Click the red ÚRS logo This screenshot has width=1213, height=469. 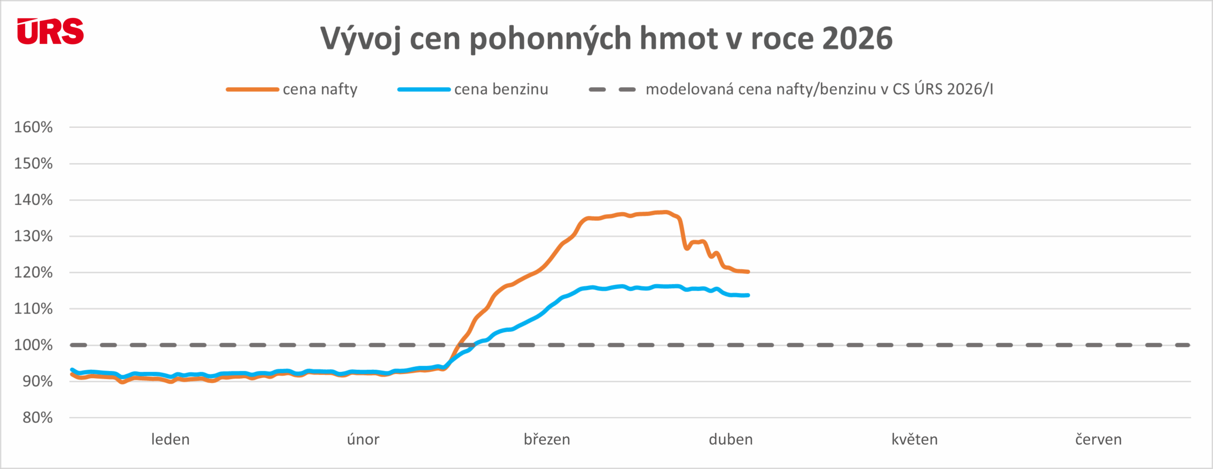point(50,32)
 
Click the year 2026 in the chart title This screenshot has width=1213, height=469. point(857,38)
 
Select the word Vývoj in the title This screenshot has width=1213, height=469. point(360,39)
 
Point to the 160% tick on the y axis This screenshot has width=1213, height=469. point(33,127)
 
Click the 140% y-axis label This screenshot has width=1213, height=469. point(33,200)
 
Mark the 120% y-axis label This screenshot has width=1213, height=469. point(33,273)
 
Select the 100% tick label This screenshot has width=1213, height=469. point(33,345)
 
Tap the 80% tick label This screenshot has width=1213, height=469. point(37,418)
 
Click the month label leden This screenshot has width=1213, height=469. point(170,440)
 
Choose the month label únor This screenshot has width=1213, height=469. point(363,440)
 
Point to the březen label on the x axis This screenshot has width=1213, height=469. point(547,440)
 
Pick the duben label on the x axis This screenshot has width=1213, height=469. point(731,440)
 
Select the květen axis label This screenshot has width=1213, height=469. point(914,440)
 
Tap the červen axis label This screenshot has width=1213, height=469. point(1098,440)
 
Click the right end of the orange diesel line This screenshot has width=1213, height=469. point(748,272)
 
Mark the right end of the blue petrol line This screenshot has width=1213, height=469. point(748,295)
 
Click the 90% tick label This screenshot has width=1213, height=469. point(37,381)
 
